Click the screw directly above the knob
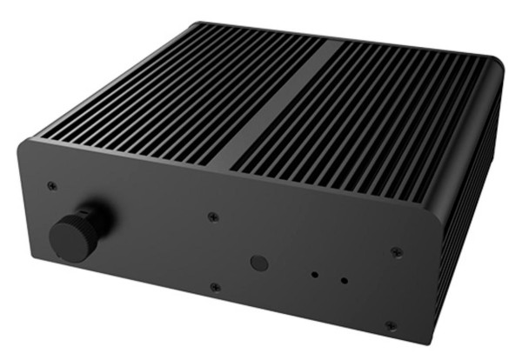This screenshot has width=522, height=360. pos(52,185)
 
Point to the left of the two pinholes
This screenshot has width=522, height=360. pos(316,274)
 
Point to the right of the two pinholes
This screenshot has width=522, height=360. pos(345,280)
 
